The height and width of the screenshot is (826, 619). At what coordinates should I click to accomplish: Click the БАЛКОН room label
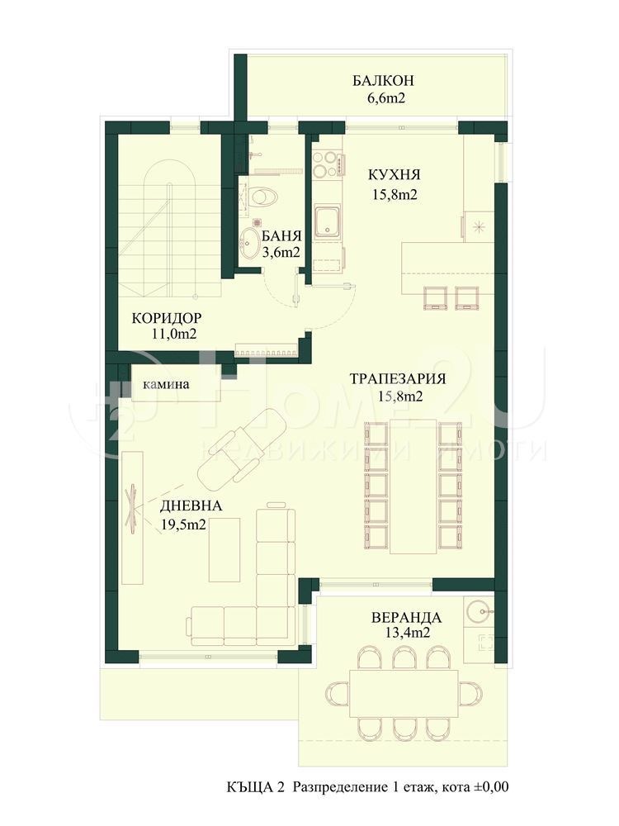tap(382, 81)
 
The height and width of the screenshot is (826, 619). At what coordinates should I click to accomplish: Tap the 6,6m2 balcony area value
tap(382, 98)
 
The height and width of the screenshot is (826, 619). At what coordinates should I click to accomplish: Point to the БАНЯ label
tap(281, 235)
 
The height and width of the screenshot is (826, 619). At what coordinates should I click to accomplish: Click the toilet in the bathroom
tap(262, 197)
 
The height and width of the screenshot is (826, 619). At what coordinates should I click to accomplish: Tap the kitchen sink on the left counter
tap(328, 221)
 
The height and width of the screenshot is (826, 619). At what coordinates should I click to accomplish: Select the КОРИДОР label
tap(168, 318)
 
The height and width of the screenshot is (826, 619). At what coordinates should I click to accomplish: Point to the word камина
tap(166, 384)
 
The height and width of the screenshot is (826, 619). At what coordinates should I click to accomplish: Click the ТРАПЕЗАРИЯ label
tap(398, 379)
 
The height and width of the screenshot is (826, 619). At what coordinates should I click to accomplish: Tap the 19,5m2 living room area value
tap(183, 524)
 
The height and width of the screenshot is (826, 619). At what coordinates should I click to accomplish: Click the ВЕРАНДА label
tap(405, 617)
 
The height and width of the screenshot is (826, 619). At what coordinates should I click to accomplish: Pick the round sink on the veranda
tap(478, 612)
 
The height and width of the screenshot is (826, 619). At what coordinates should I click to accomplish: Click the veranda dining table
tap(404, 694)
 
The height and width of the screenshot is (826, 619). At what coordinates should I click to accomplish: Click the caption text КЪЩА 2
tap(255, 787)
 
